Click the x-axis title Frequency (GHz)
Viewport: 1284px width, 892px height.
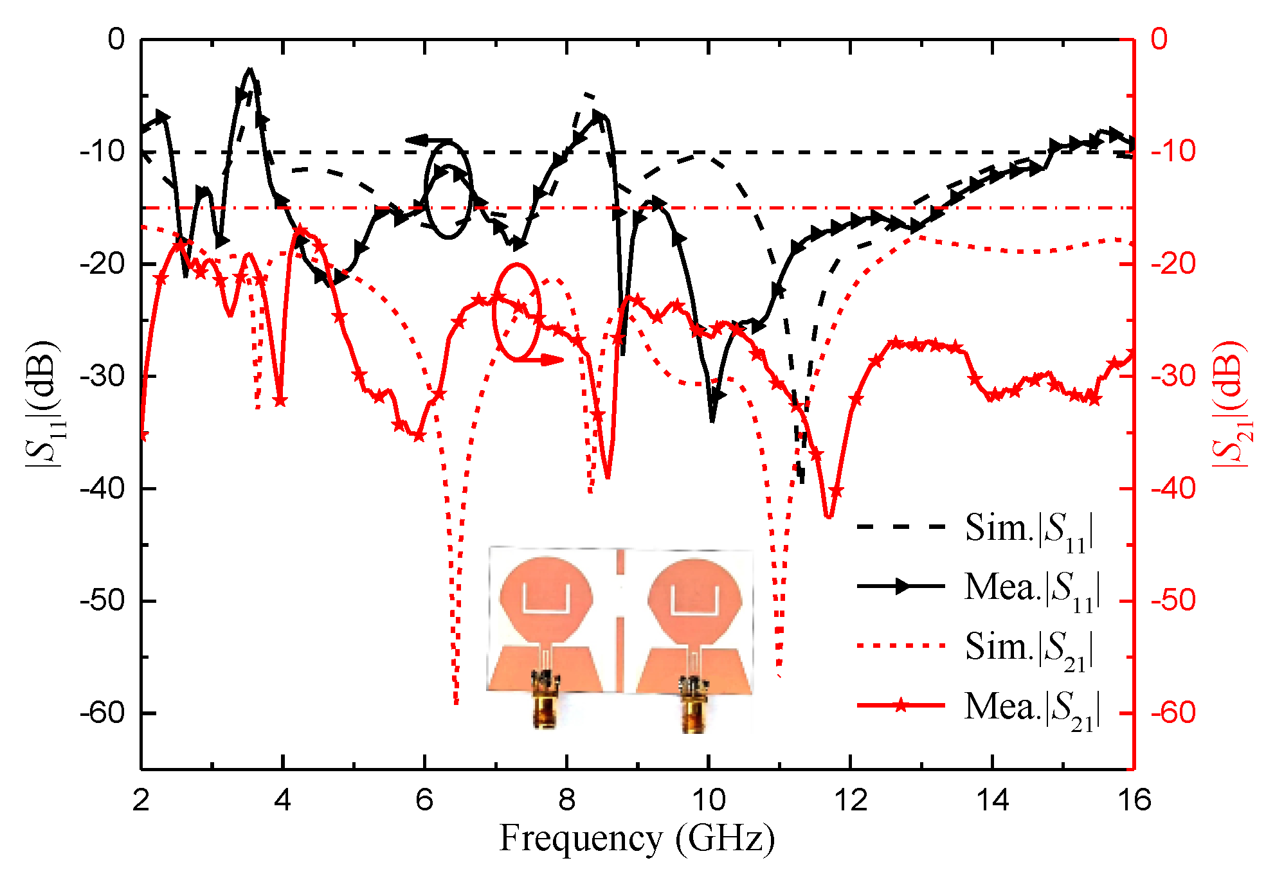point(637,839)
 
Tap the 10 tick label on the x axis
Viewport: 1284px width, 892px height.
point(708,801)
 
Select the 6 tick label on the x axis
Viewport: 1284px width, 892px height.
point(424,801)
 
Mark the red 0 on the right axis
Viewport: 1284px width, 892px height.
point(1159,40)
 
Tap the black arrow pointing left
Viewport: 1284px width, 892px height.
point(427,140)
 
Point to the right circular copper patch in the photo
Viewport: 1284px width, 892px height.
point(694,598)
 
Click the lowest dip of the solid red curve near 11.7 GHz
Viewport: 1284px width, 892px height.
point(828,516)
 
